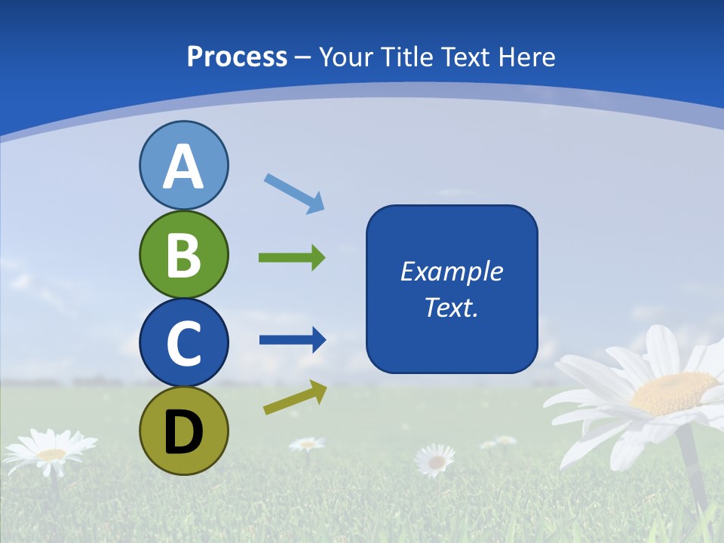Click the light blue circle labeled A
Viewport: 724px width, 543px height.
183,165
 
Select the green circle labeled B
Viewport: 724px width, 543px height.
183,254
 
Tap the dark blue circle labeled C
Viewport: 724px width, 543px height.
183,342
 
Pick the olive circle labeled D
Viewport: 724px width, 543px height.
183,431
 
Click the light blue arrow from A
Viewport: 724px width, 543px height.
294,193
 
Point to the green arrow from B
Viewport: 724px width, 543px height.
292,258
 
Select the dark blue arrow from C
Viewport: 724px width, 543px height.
292,340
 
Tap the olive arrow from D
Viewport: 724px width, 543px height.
295,397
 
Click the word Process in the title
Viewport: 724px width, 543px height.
237,57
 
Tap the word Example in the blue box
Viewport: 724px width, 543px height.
451,271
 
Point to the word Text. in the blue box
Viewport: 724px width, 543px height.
451,307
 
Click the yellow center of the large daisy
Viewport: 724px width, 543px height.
673,392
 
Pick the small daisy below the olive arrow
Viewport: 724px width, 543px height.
307,443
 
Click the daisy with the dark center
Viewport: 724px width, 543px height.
436,460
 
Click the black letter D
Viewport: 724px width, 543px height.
183,432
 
